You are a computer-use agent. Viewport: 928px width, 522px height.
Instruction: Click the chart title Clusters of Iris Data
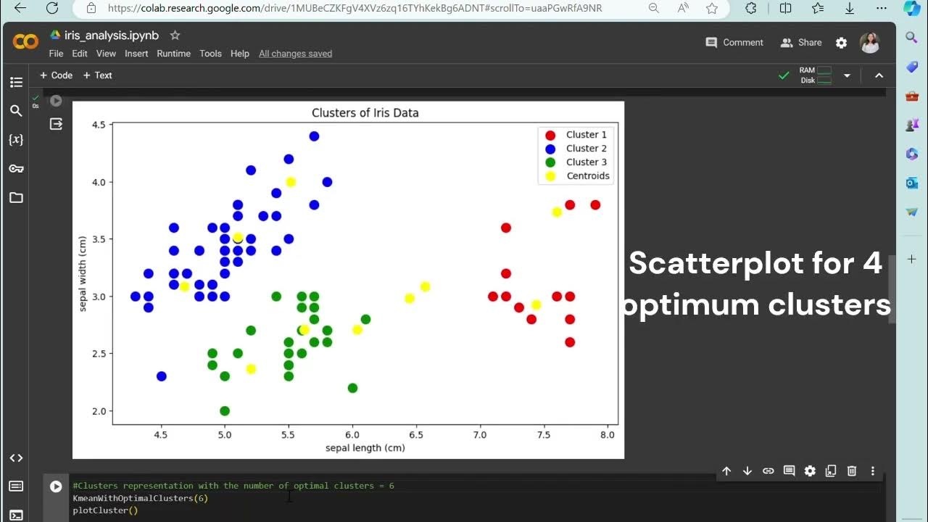coord(365,113)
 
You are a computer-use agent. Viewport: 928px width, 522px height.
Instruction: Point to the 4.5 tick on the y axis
coord(98,125)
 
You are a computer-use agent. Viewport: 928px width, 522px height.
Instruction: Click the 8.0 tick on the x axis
coord(608,435)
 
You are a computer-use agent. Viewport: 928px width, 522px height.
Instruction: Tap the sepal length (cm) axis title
coord(365,448)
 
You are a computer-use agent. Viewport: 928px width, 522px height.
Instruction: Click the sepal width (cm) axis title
coord(83,274)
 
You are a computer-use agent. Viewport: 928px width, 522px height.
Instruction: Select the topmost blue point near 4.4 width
coord(314,136)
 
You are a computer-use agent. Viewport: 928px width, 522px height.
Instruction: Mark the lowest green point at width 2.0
coord(225,411)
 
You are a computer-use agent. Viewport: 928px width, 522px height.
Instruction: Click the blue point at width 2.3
coord(161,376)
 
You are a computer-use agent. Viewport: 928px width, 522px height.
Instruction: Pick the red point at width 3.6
coord(506,228)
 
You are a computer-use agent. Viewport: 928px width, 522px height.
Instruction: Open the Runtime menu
coord(173,54)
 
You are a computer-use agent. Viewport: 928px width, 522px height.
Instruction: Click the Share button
coord(801,43)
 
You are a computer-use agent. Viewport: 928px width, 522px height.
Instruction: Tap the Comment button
coord(734,43)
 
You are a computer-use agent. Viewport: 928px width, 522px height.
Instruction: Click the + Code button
coord(56,75)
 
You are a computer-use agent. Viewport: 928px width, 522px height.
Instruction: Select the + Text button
coord(98,75)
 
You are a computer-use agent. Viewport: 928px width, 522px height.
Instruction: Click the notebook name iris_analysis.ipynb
coord(111,36)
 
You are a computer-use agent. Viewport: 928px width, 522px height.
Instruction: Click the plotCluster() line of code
coord(105,510)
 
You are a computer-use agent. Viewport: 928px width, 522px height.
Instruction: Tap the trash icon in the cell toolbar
coord(852,471)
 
